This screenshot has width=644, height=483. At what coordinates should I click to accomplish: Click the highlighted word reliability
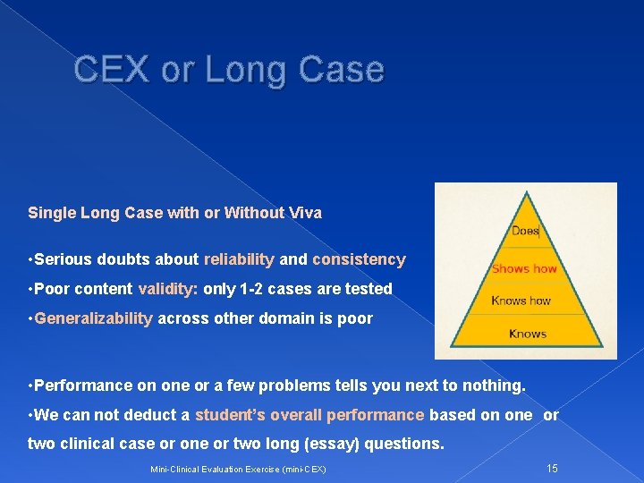pos(239,259)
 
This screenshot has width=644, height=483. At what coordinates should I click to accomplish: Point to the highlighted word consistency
pos(359,259)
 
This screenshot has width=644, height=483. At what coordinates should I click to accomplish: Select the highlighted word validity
pos(167,289)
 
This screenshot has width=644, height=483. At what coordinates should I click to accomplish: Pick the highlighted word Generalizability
pos(94,318)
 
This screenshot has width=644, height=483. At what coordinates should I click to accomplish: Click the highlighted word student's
pos(230,415)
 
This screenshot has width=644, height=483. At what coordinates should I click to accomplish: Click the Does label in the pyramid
pos(525,231)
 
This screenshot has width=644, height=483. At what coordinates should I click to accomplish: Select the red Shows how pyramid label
pos(524,268)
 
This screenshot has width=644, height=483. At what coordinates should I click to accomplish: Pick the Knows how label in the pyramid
pos(521,301)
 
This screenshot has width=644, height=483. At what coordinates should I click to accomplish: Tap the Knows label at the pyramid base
pos(527,334)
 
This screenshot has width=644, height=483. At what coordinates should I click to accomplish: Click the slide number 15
pos(552,468)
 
